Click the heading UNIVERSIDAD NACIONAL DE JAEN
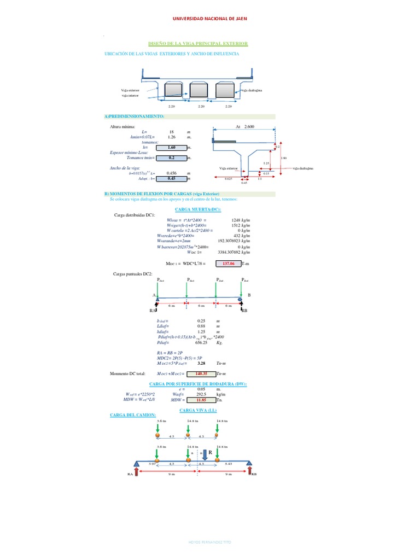point(209,18)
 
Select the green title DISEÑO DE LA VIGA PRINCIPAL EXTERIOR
point(198,43)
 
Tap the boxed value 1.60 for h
point(171,147)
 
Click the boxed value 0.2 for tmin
point(171,157)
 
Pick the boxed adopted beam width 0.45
point(171,178)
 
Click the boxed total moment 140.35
point(201,374)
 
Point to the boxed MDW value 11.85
point(201,400)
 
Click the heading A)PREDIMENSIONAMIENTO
point(135,116)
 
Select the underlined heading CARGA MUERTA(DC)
point(198,209)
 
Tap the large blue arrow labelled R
point(205,453)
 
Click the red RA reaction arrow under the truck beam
point(137,471)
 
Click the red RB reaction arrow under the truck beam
point(250,471)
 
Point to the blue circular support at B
point(240,298)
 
